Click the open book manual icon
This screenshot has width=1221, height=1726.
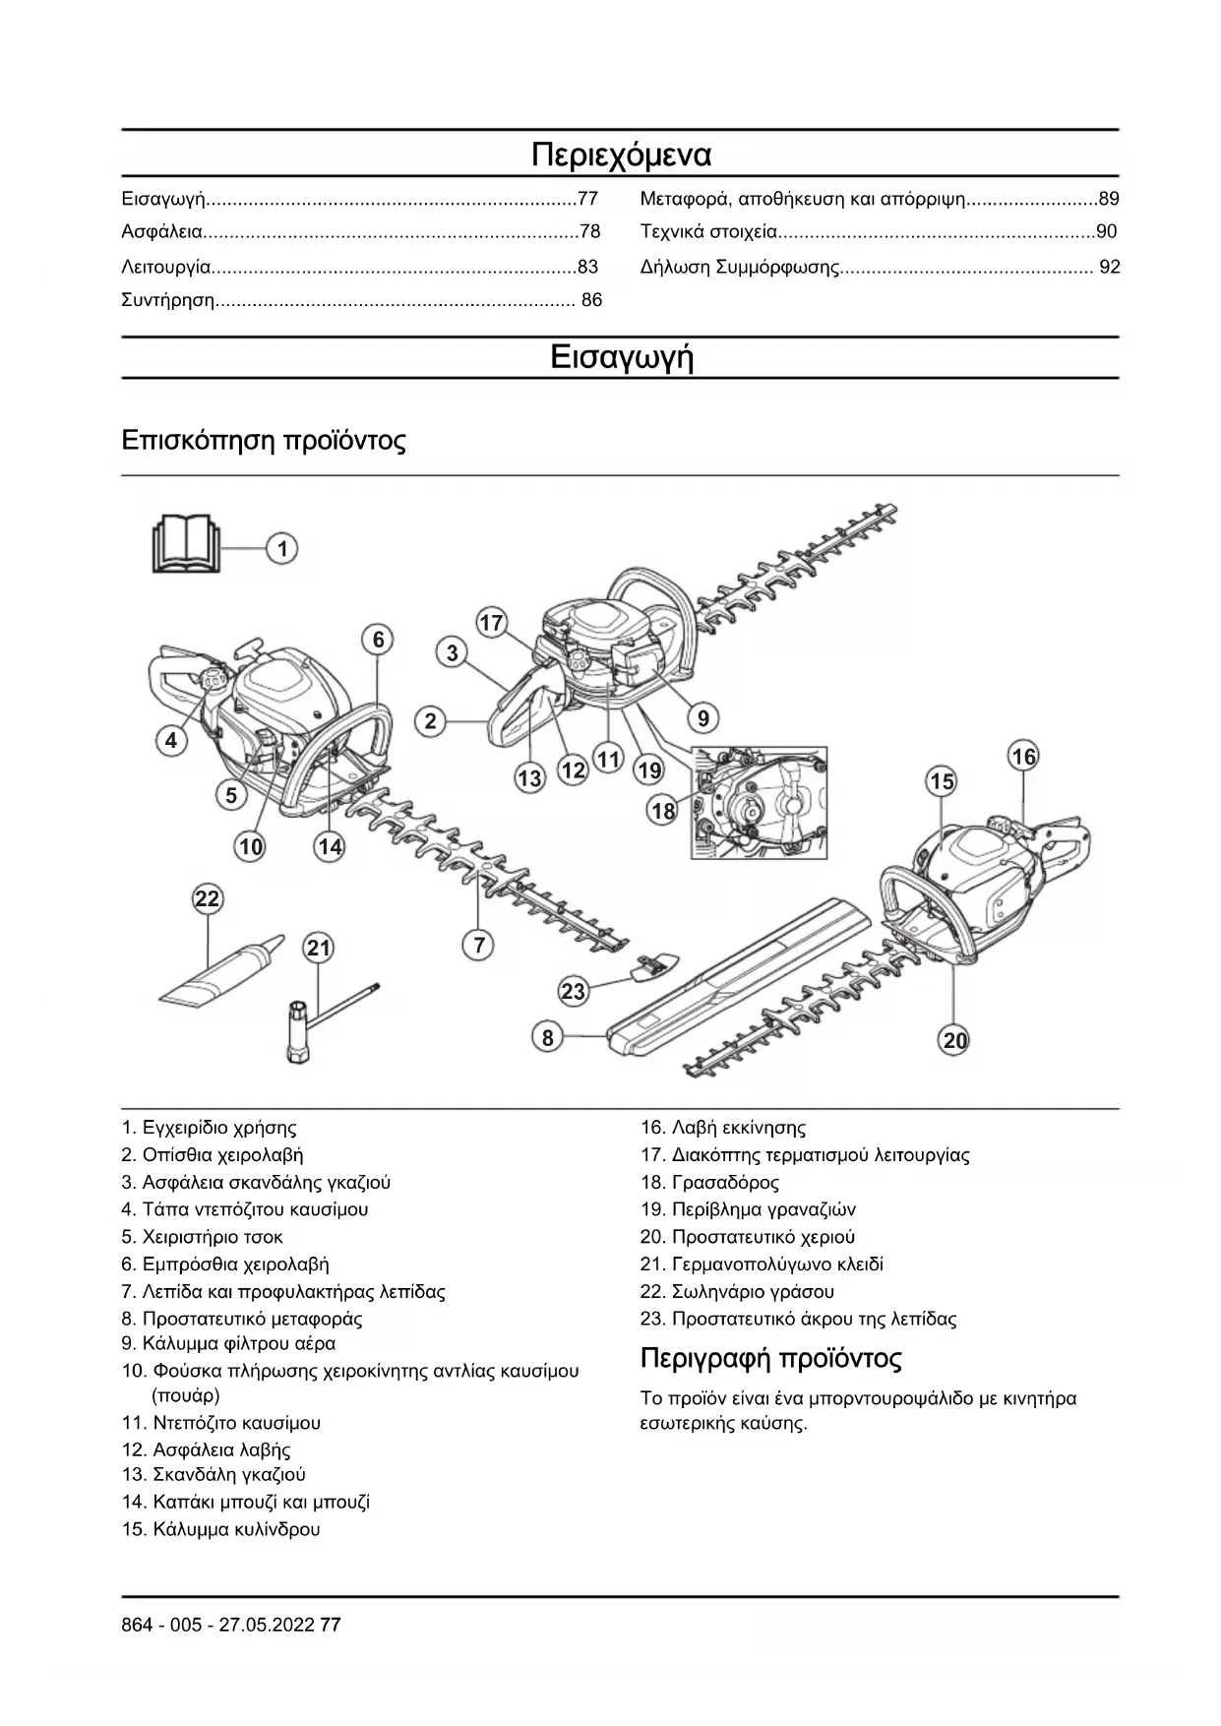click(x=186, y=544)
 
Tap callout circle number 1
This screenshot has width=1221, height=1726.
click(x=282, y=548)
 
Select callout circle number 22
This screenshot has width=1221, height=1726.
click(x=207, y=898)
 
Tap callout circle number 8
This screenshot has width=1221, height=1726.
click(x=548, y=1036)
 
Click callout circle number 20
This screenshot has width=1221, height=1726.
click(x=954, y=1040)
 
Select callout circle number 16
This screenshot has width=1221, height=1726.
click(x=1023, y=756)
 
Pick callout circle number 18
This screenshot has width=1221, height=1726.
click(x=663, y=811)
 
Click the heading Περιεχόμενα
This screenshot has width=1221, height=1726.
click(x=621, y=155)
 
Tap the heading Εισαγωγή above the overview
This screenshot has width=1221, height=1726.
click(x=621, y=356)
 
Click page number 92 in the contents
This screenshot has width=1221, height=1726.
click(x=1109, y=267)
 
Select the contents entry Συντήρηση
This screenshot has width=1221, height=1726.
click(x=168, y=300)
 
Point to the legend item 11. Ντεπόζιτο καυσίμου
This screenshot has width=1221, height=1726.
click(x=221, y=1422)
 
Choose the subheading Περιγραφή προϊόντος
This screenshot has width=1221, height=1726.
click(x=770, y=1359)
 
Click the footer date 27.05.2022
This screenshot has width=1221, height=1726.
click(x=266, y=1625)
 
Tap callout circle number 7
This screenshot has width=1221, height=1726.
click(x=478, y=946)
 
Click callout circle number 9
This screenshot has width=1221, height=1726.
click(x=702, y=718)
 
